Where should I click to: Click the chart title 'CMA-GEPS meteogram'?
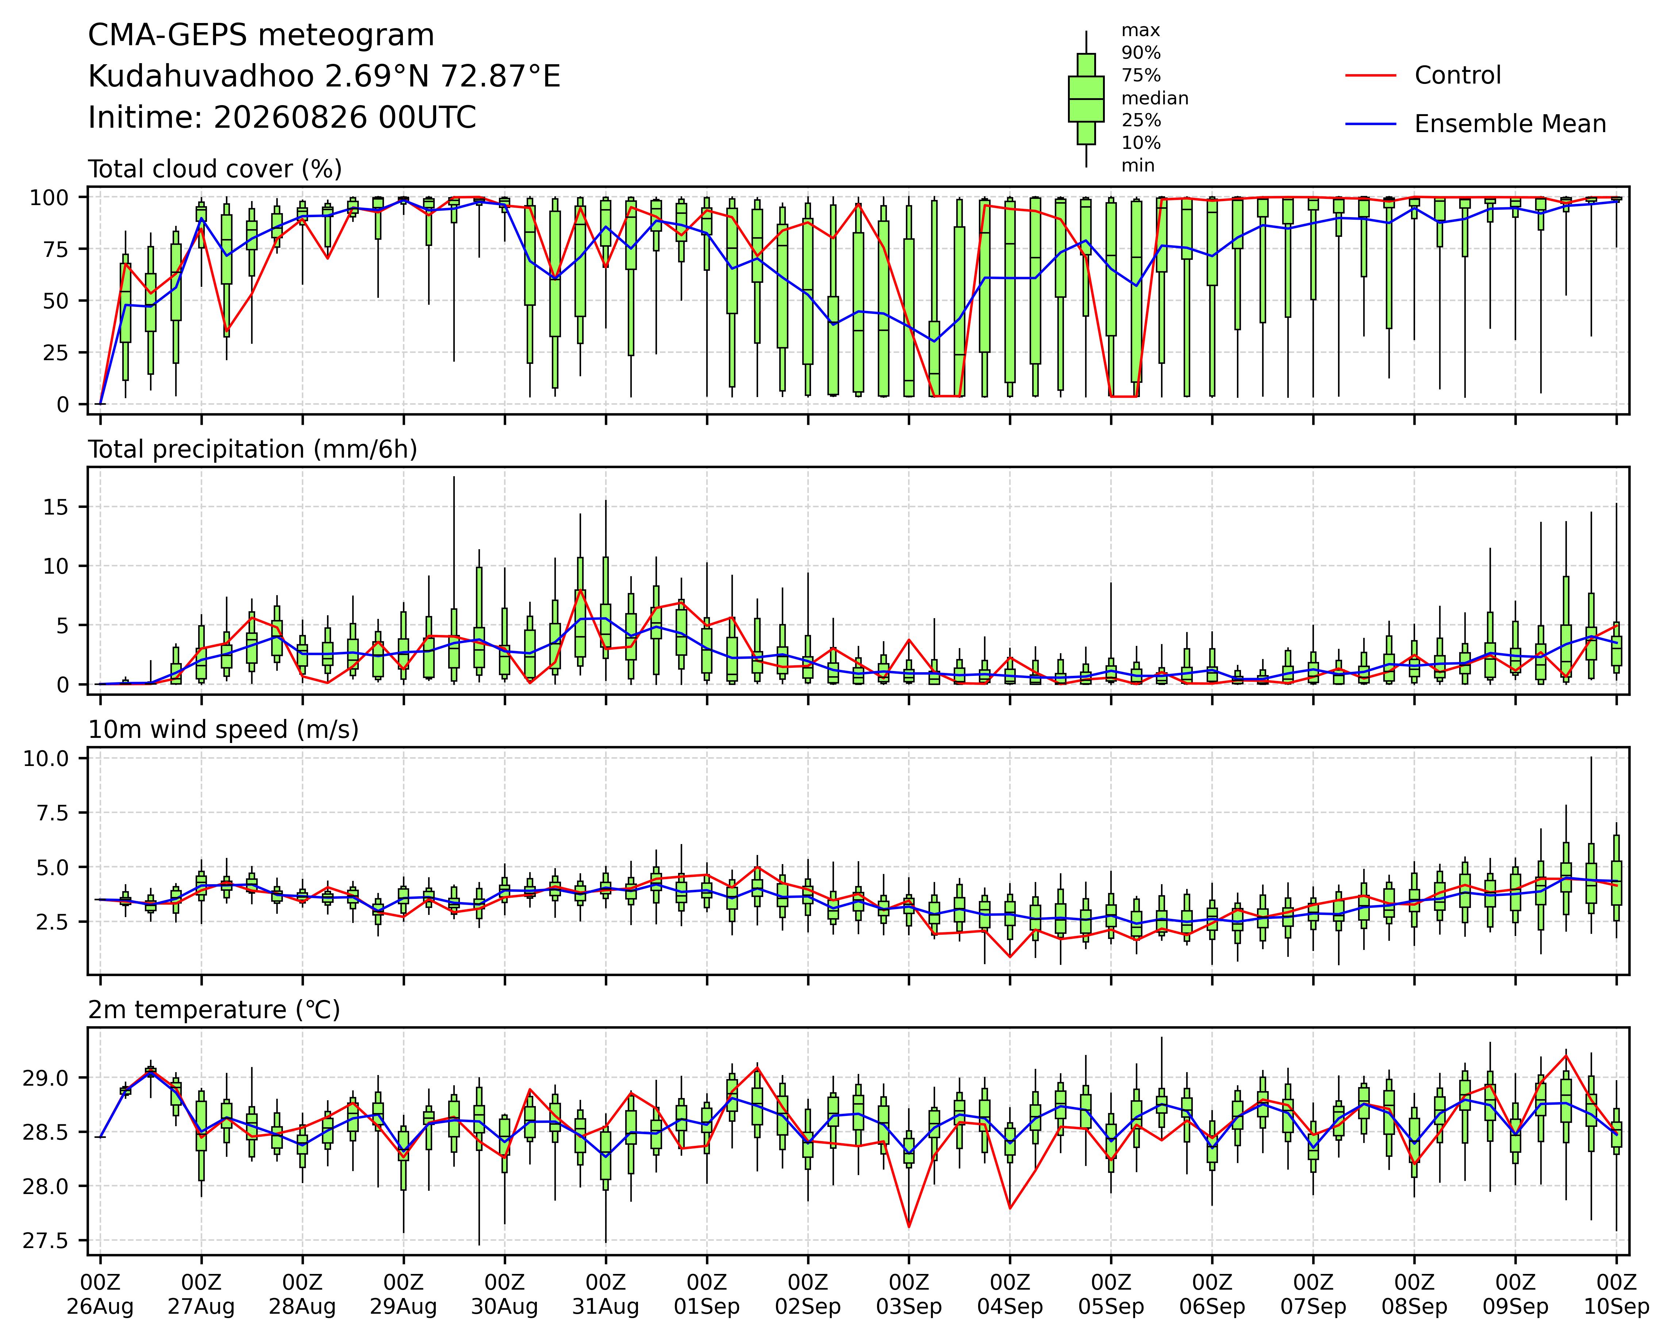(261, 36)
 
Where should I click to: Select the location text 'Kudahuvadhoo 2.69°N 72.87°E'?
(324, 77)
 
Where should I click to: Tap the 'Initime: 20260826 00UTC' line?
(282, 118)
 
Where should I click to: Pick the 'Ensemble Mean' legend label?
(1510, 124)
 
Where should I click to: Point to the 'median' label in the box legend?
(1155, 99)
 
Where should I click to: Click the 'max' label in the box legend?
(1141, 31)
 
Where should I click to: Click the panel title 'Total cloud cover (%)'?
(215, 169)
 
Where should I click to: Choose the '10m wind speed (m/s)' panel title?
(223, 730)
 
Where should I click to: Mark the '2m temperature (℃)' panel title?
(214, 1010)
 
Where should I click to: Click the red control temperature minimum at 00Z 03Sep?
(909, 1226)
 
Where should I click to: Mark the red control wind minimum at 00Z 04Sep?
(1010, 956)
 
